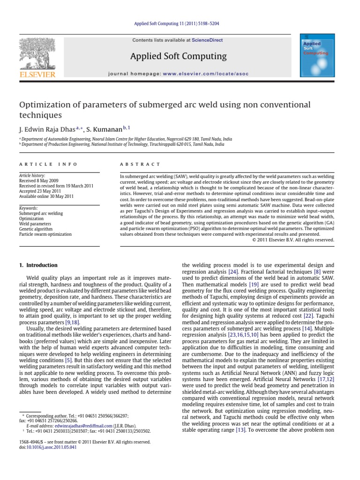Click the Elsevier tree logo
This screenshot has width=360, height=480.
click(x=37, y=55)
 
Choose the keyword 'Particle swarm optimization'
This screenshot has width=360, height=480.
click(x=45, y=234)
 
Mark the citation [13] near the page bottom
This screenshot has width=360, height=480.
click(x=240, y=430)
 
